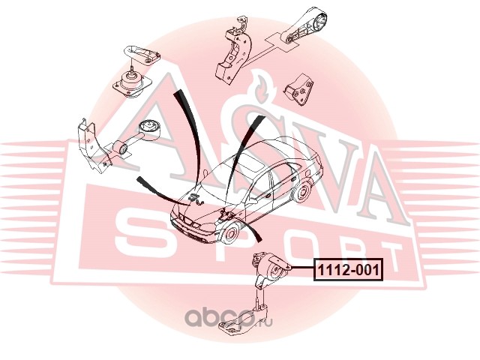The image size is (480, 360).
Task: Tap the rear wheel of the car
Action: point(303,191)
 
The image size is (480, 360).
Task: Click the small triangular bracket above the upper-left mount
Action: point(142,51)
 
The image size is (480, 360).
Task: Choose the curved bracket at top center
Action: point(232,49)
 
